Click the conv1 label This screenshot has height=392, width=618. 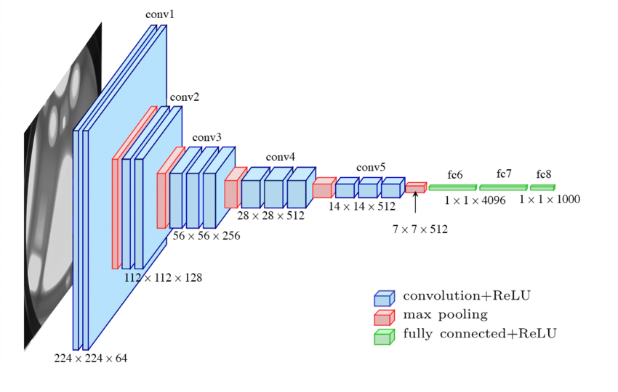tap(160, 15)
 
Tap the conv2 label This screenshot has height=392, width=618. tap(185, 97)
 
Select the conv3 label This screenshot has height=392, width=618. tap(207, 137)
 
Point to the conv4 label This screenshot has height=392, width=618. tap(281, 157)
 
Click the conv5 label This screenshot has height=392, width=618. tap(371, 168)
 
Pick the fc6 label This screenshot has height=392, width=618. tap(455, 175)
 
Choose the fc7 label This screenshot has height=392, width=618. tap(504, 174)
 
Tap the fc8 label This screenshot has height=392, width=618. tap(544, 175)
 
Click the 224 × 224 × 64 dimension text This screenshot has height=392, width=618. tap(91, 358)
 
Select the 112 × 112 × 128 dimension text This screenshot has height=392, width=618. tap(164, 277)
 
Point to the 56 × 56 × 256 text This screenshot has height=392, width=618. tap(206, 236)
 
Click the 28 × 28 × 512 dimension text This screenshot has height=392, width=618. tap(271, 216)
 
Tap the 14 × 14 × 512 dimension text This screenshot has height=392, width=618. tap(361, 206)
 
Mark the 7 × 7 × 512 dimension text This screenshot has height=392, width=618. tap(420, 229)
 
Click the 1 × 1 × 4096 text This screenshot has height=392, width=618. tap(475, 200)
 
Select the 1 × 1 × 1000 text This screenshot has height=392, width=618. tap(550, 200)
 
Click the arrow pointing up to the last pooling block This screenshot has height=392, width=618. tap(415, 203)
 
